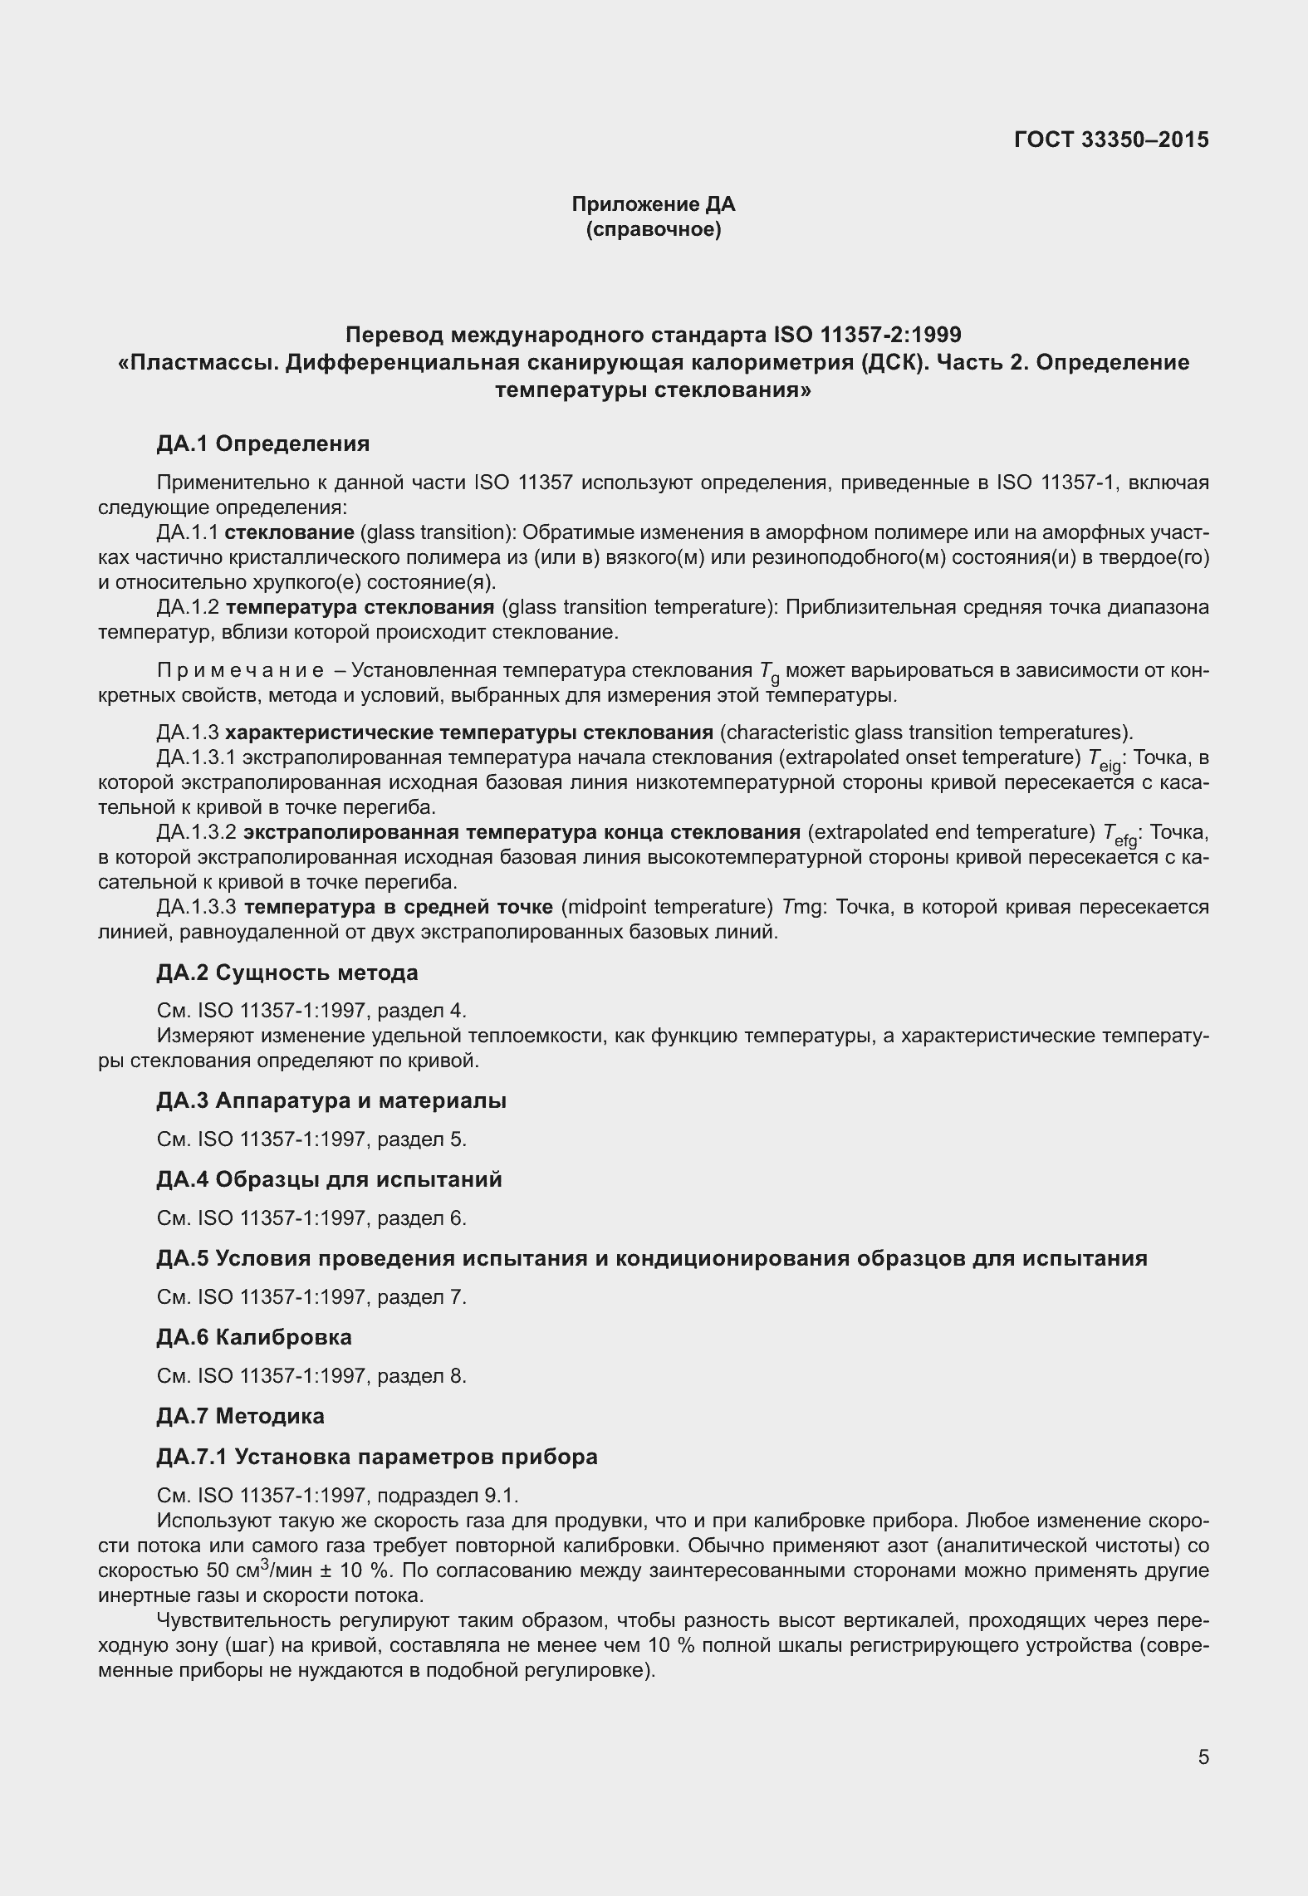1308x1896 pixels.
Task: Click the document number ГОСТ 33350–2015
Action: coord(1111,140)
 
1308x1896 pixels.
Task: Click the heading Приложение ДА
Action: coord(654,204)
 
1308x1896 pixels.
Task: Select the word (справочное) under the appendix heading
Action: coord(654,230)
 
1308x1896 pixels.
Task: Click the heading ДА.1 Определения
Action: coord(263,443)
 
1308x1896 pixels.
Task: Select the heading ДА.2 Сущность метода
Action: coord(287,972)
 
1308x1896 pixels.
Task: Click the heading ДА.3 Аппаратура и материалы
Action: coord(331,1101)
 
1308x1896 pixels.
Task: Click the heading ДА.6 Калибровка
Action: coord(254,1337)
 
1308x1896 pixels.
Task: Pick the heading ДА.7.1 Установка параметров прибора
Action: coord(377,1457)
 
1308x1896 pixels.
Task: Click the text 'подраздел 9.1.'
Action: coord(448,1496)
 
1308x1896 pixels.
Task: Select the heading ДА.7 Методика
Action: coord(241,1416)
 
